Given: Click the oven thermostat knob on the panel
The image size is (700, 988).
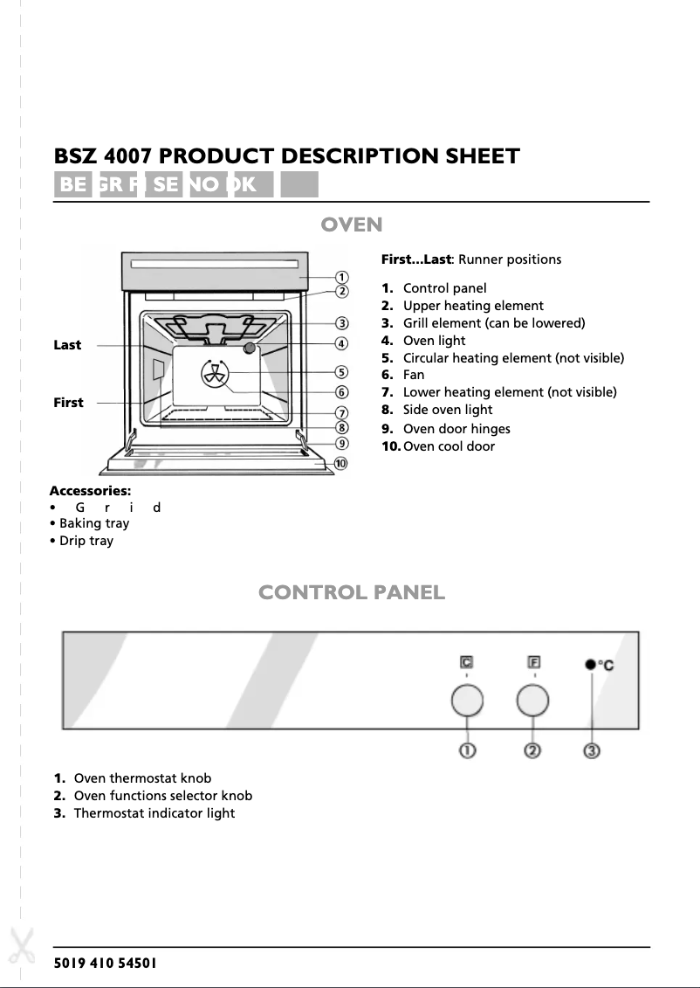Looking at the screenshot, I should click(467, 701).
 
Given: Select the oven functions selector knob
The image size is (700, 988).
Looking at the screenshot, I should click(532, 701).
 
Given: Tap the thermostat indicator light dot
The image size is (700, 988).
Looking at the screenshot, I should click(591, 666).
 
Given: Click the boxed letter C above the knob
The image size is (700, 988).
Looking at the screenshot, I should click(467, 663).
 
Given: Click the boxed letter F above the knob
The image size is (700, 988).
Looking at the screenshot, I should click(533, 663).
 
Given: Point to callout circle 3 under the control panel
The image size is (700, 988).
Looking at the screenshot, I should click(592, 750).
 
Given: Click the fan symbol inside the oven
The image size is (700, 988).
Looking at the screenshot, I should click(215, 374).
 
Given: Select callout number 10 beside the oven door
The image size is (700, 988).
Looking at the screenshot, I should click(340, 463).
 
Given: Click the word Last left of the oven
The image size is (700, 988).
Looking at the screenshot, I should click(67, 345).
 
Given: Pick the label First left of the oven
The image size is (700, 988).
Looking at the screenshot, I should click(68, 403).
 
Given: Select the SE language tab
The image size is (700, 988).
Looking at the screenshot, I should click(164, 184).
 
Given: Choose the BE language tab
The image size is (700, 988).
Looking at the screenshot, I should click(72, 184).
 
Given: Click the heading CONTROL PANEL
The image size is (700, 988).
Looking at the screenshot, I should click(352, 593).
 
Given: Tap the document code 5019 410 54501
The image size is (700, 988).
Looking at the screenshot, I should click(106, 964).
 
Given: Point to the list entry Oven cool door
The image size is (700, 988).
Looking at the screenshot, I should click(449, 446).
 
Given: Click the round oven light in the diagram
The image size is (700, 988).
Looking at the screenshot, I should click(250, 349).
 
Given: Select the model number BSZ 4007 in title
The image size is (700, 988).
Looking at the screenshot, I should click(104, 156).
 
